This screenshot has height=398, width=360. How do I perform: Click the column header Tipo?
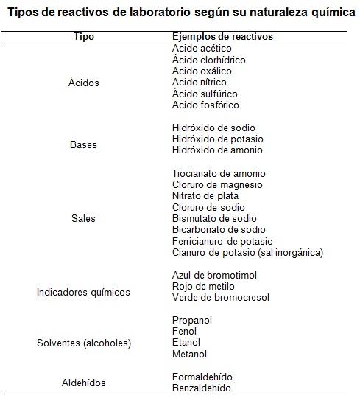(84, 37)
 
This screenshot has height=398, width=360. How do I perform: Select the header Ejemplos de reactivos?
(222, 37)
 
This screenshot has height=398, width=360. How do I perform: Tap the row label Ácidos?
(84, 83)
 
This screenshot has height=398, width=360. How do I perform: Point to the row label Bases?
(83, 144)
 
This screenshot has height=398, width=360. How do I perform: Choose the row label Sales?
(83, 219)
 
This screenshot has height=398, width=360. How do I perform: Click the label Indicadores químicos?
(83, 292)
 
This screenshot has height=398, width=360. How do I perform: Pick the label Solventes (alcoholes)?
(83, 343)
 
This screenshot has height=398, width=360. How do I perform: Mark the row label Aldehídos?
(83, 383)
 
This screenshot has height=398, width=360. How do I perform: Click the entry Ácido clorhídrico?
(209, 60)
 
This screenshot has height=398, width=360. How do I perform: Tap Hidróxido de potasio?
(217, 139)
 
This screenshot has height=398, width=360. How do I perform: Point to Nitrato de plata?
(205, 196)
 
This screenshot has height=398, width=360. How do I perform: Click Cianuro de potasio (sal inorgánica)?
(247, 253)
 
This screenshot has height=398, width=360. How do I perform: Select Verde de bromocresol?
(221, 298)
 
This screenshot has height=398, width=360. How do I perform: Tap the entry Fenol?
(184, 332)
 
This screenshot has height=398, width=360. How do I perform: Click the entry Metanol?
(189, 355)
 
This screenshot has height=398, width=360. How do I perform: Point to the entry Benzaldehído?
(202, 388)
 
